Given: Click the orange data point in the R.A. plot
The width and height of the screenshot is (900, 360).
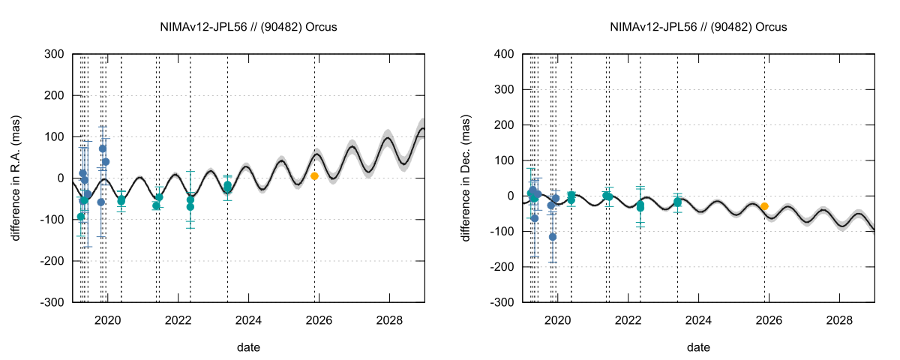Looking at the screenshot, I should [x=314, y=176].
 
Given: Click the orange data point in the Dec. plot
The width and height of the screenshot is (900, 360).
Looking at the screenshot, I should [x=764, y=206].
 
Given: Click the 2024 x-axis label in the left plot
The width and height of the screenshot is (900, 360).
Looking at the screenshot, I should [x=248, y=318].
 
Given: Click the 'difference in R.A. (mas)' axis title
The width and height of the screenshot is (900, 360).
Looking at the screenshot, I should [x=16, y=178].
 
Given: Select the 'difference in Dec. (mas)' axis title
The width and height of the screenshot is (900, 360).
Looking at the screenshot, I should [x=466, y=178].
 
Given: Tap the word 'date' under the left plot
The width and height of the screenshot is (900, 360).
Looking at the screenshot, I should [x=248, y=347].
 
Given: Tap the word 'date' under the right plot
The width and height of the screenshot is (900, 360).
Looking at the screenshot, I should [x=698, y=347].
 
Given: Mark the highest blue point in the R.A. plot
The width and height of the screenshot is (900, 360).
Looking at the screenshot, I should [x=103, y=148].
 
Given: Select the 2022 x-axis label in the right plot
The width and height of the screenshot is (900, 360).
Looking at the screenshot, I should [x=628, y=318].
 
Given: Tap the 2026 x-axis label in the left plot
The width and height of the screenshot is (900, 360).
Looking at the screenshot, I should [x=319, y=318].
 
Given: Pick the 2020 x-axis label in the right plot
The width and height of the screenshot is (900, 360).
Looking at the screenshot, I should [x=557, y=318].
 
